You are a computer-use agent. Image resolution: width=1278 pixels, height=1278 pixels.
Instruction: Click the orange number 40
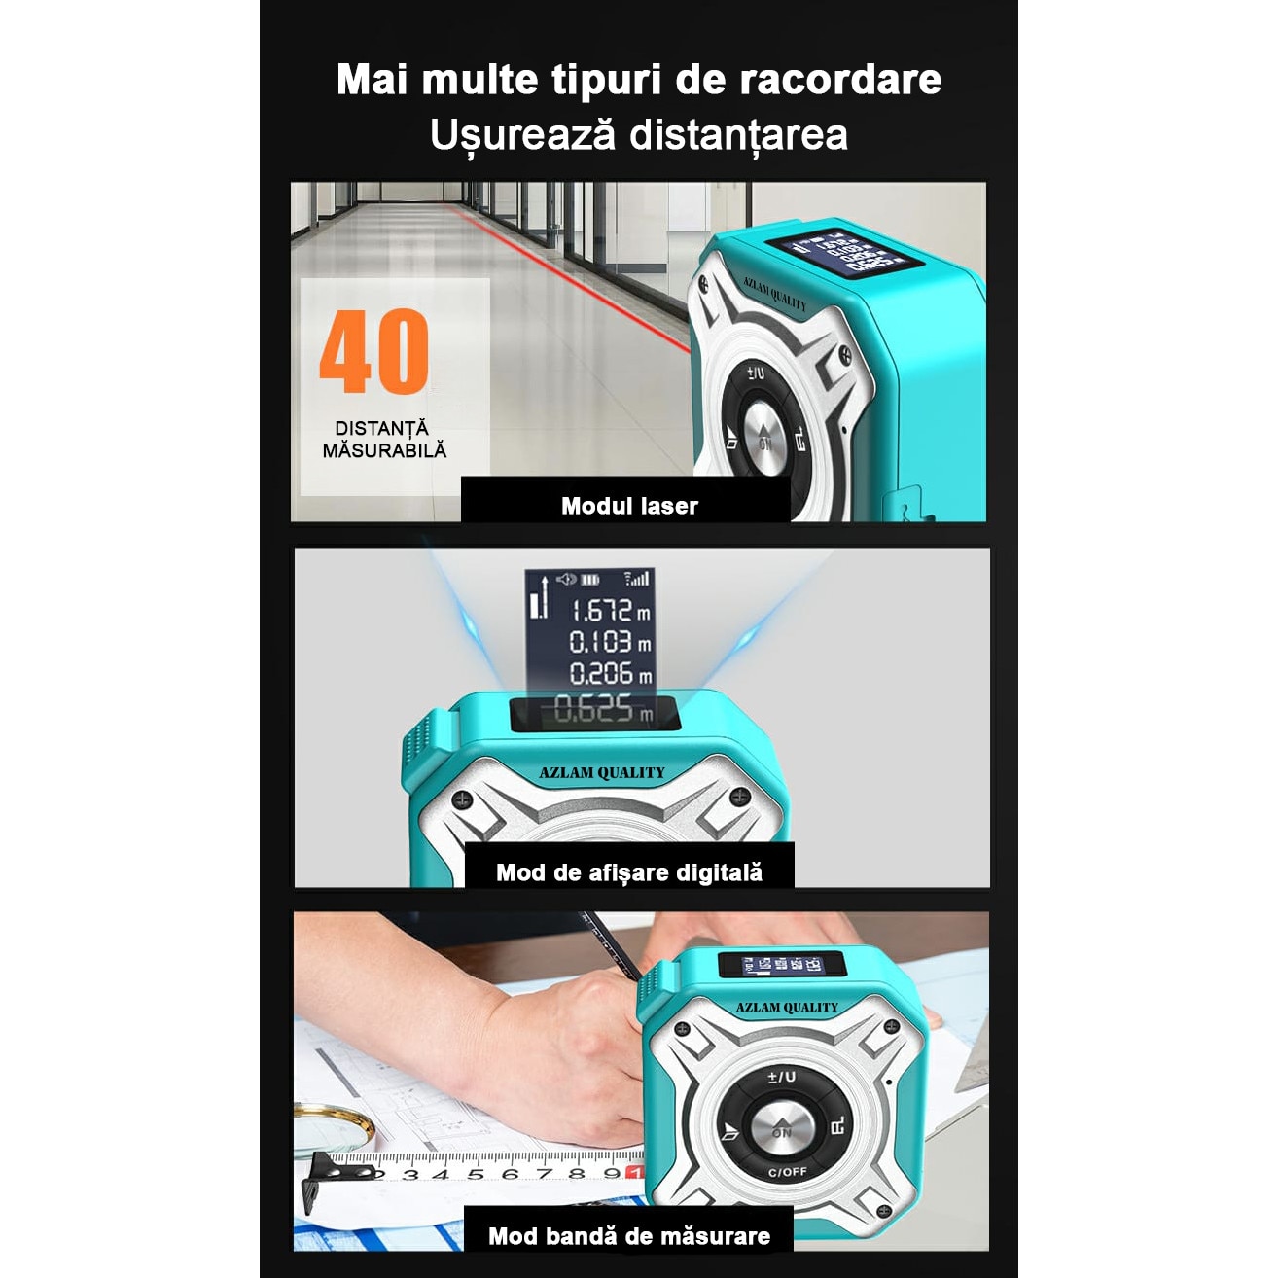tap(374, 351)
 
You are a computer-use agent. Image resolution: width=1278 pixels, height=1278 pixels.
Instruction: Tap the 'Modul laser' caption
tap(629, 506)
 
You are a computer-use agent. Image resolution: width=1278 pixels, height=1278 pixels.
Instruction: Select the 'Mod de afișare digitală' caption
tap(629, 872)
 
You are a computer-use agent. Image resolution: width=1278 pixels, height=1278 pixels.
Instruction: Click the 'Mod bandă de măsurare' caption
tap(629, 1236)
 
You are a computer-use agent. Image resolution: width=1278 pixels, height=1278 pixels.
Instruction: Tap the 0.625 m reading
tap(603, 710)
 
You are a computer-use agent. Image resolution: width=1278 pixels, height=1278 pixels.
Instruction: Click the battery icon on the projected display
tap(590, 580)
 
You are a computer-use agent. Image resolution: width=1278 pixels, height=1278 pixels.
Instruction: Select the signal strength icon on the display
tap(637, 579)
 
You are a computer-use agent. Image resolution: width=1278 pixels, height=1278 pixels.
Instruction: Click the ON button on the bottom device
tap(782, 1131)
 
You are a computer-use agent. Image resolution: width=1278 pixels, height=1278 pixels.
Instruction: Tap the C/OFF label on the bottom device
tap(787, 1172)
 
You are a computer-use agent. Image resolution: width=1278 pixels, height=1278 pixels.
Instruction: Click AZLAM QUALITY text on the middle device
tap(602, 773)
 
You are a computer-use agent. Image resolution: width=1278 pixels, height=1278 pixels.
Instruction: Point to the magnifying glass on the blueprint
tap(336, 1128)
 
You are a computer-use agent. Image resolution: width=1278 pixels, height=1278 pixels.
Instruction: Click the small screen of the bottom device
tap(784, 965)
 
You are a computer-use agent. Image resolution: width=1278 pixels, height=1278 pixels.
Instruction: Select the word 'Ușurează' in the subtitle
tap(522, 135)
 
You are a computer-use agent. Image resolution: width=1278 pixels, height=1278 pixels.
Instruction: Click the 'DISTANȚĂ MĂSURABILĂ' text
tap(384, 440)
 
